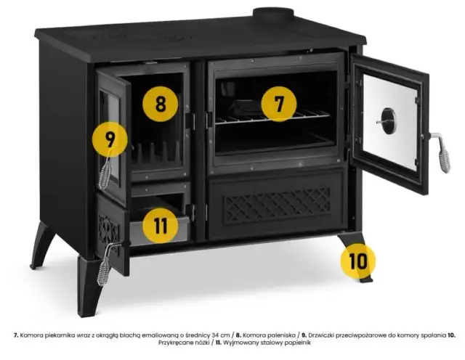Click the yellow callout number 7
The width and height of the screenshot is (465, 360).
coord(279,104)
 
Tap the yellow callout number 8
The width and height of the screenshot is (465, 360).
coord(161,104)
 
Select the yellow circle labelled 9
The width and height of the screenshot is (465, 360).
coord(110,139)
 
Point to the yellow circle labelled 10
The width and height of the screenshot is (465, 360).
coord(358,261)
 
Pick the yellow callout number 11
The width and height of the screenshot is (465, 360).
coord(161,226)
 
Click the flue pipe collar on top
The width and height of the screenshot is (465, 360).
coord(273,14)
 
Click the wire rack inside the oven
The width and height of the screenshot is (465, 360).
coord(273,117)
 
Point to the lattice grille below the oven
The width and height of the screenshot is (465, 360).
coord(277,205)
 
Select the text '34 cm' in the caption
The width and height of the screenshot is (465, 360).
coord(221,335)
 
